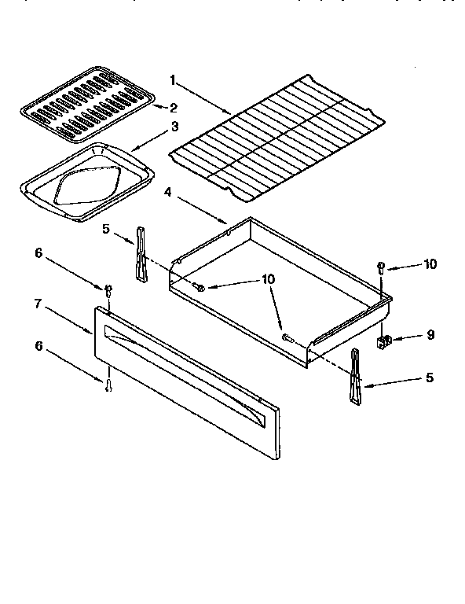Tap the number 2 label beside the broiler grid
pyautogui.click(x=174, y=107)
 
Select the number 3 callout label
pyautogui.click(x=174, y=126)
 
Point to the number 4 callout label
pyautogui.click(x=168, y=190)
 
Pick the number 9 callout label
pyautogui.click(x=430, y=335)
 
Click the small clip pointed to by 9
pyautogui.click(x=384, y=341)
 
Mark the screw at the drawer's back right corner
pyautogui.click(x=381, y=266)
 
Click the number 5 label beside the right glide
pyautogui.click(x=429, y=377)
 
